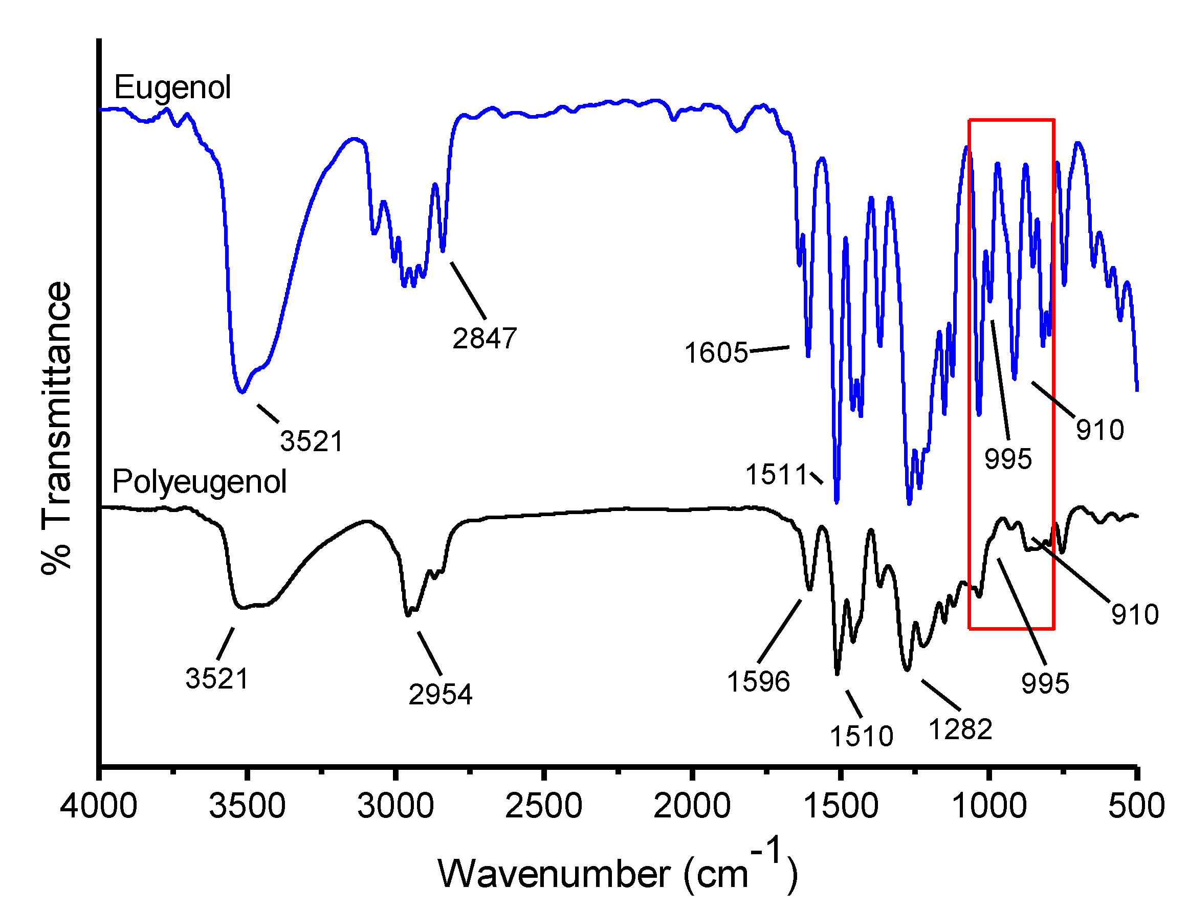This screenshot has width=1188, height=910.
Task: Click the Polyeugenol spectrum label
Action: click(x=199, y=481)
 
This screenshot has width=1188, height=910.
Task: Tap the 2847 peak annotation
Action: click(x=485, y=339)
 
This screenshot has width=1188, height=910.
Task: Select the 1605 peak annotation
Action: click(x=716, y=352)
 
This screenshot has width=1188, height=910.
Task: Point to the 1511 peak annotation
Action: click(x=776, y=475)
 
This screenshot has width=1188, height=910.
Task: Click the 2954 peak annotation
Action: click(x=440, y=695)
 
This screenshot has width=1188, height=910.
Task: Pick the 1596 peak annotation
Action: click(x=758, y=681)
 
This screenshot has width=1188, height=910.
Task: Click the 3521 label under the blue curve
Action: click(x=312, y=441)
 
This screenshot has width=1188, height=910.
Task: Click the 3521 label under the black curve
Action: click(x=217, y=678)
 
